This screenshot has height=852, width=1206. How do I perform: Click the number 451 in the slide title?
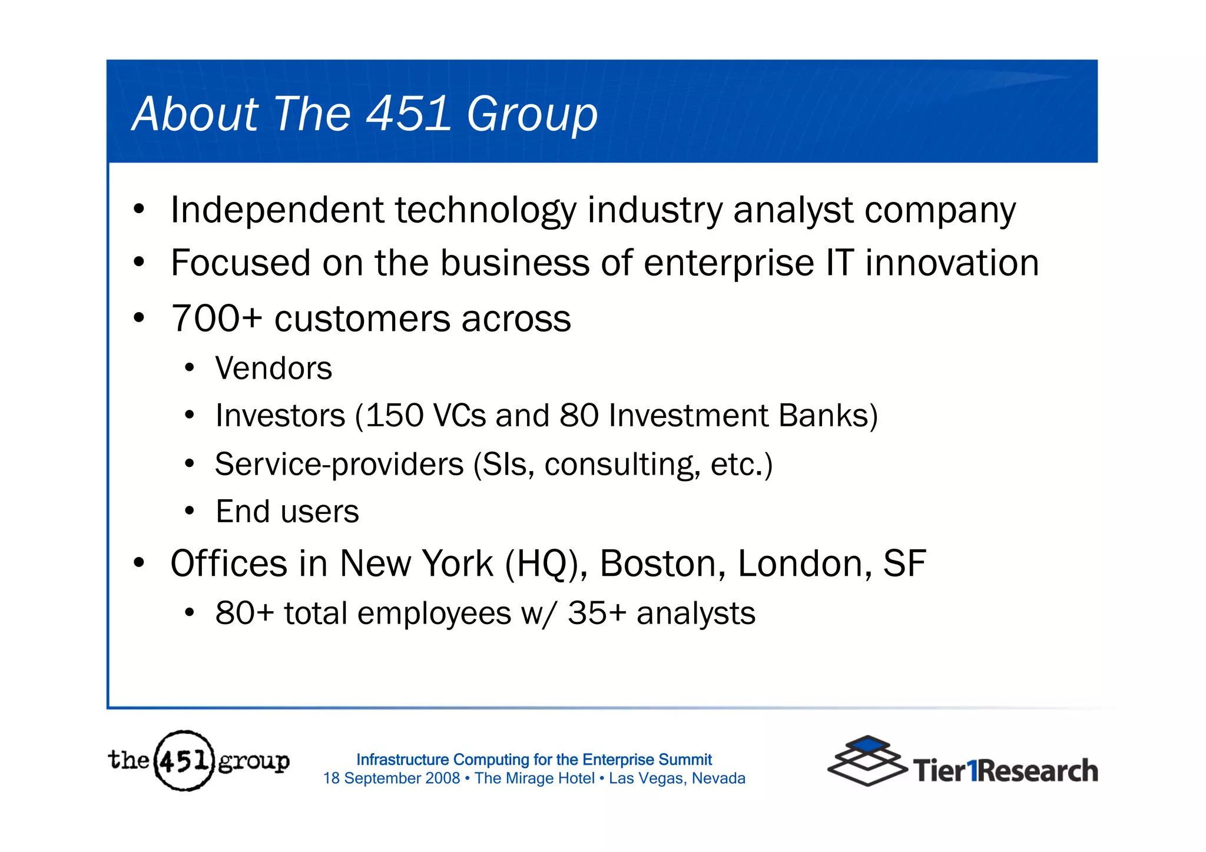[x=409, y=113]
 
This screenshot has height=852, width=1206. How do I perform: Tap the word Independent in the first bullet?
[x=277, y=210]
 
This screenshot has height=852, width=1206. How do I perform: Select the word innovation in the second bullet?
[x=952, y=263]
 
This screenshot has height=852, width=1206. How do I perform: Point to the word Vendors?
[x=273, y=369]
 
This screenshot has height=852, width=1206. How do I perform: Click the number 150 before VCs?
[x=395, y=416]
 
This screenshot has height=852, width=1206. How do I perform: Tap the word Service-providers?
[x=339, y=465]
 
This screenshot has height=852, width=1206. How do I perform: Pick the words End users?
[x=287, y=512]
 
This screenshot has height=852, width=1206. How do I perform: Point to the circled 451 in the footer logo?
[x=184, y=761]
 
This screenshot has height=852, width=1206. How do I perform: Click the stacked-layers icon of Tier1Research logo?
[x=867, y=761]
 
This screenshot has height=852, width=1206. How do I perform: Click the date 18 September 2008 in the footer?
[x=391, y=778]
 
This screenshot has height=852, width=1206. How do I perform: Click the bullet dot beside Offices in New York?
[x=138, y=563]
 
